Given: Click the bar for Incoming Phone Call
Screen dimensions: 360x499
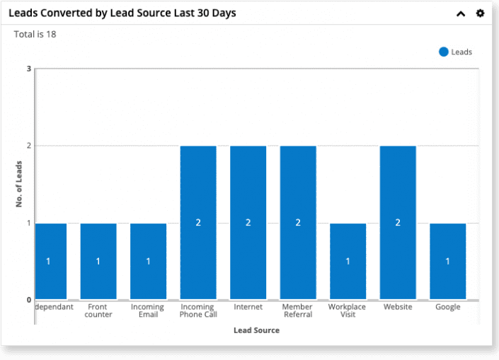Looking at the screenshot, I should (x=198, y=222).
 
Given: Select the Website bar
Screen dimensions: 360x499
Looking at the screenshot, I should (x=398, y=222).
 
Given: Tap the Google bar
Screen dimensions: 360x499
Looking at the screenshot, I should (x=447, y=261).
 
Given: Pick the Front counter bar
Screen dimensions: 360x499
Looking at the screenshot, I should (x=98, y=261).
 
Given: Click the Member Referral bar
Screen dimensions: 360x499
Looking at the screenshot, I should (x=298, y=222).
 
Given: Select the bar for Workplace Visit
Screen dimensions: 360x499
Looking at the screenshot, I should (x=348, y=261).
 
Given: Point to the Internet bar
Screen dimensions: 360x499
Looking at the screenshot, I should (x=248, y=222).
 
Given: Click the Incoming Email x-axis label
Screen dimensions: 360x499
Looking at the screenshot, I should (x=148, y=311).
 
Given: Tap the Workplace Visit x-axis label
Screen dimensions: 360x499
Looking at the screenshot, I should (x=348, y=311).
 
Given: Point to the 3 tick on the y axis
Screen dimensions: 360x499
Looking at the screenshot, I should (x=29, y=69).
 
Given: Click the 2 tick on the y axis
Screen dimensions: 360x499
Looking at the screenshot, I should (x=29, y=146).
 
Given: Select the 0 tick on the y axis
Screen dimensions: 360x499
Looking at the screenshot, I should (x=29, y=300).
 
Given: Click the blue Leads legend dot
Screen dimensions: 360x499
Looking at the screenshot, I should (x=444, y=52).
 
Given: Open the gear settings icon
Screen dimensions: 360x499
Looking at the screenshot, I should (x=480, y=13).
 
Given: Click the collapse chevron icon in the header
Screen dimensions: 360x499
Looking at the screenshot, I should (x=461, y=13).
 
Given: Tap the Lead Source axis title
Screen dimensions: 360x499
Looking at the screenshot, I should (x=256, y=330).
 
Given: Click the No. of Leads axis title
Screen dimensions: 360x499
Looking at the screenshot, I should (x=19, y=184).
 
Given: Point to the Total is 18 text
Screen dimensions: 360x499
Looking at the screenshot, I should (x=35, y=34).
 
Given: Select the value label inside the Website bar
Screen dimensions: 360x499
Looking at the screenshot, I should (x=398, y=223).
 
